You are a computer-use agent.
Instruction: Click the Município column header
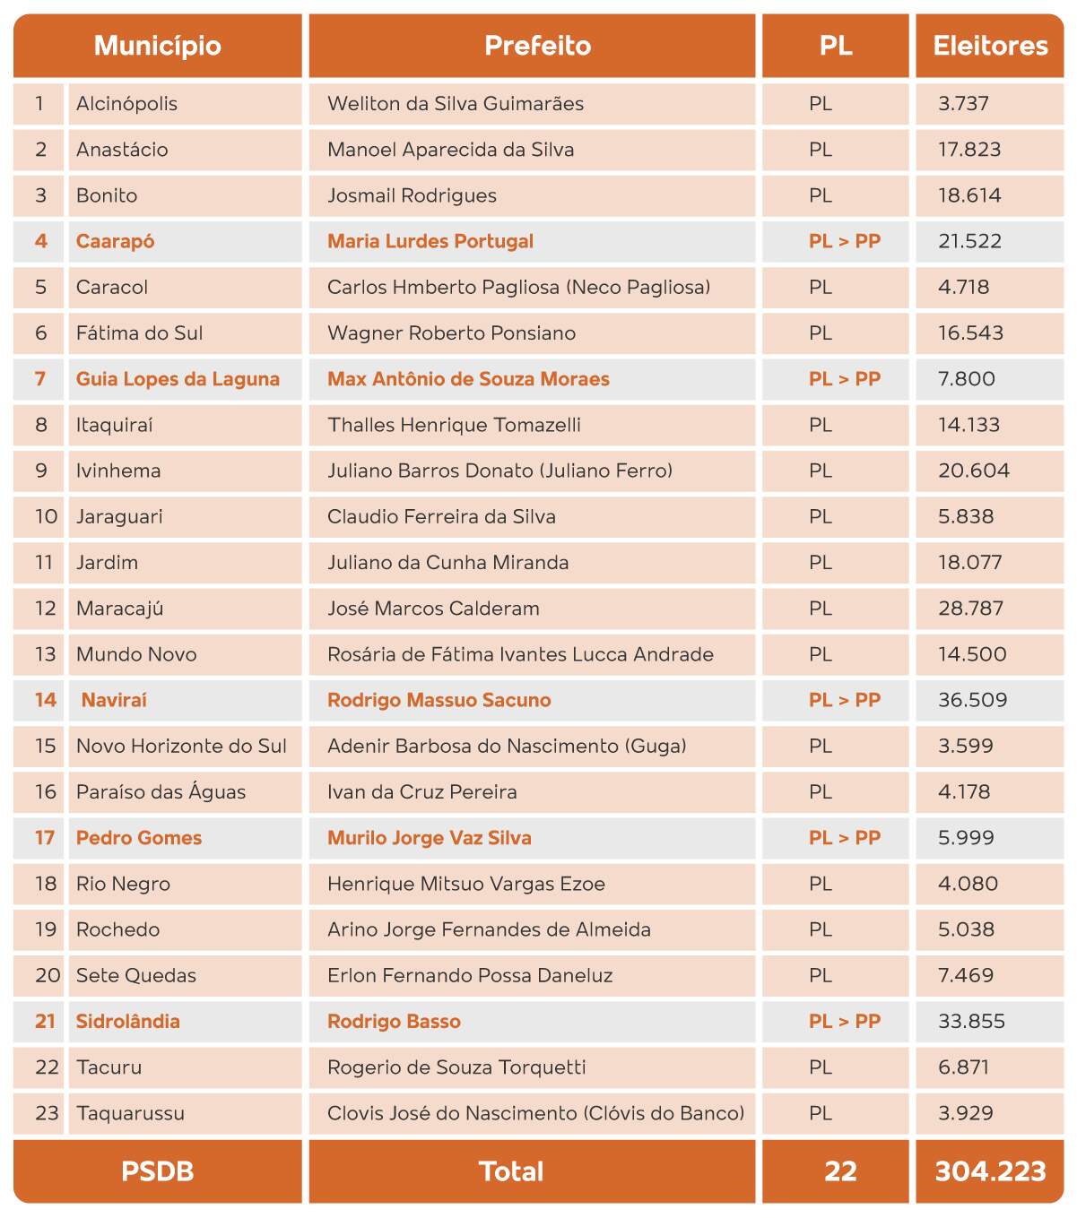point(158,46)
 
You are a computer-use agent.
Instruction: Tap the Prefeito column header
point(537,46)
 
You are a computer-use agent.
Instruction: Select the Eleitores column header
point(990,46)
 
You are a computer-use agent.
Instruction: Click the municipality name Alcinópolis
point(126,104)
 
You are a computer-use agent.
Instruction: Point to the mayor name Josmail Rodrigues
point(412,195)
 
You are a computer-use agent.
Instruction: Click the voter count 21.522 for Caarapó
point(969,241)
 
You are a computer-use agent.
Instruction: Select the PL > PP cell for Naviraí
point(844,700)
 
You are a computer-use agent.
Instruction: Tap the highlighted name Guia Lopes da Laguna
point(178,379)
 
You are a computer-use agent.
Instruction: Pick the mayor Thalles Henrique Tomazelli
point(454,425)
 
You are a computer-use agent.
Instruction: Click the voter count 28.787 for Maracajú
point(970,609)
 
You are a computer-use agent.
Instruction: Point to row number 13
point(45,654)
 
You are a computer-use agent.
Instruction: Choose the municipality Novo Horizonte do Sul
point(181,746)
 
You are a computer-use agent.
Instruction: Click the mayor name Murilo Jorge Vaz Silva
point(429,838)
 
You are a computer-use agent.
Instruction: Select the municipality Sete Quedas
point(136,975)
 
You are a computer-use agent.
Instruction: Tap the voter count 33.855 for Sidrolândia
point(971,1021)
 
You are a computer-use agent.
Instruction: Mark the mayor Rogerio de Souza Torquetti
point(456,1067)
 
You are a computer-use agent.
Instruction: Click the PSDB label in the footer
point(158,1171)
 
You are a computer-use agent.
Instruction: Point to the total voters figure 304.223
point(990,1171)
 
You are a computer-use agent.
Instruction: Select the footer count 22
point(840,1171)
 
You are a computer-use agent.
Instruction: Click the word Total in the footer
point(511,1171)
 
